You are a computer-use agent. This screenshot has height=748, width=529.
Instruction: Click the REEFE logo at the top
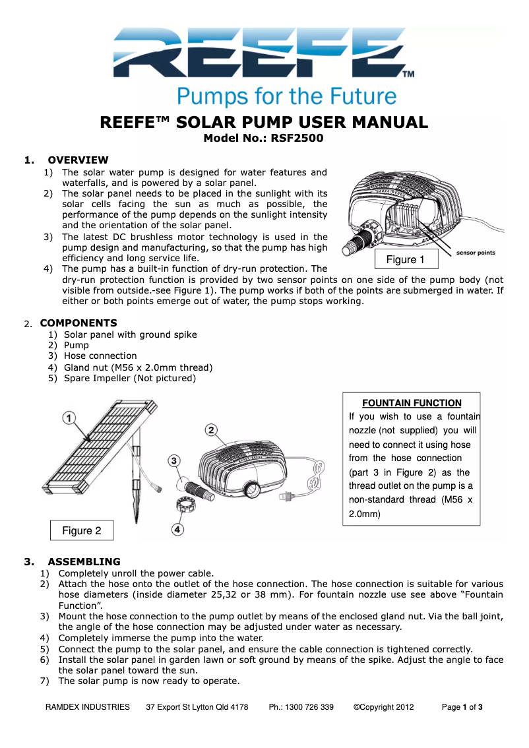pos(264,53)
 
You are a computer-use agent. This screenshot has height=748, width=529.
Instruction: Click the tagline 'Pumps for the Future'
pos(286,96)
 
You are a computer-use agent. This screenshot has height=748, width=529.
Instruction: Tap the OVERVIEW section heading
pos(78,160)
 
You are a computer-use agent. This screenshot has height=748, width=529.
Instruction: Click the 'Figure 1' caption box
pos(401,259)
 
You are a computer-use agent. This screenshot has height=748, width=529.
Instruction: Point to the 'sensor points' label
pos(476,253)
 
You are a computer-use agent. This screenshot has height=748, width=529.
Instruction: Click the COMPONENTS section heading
pos(78,323)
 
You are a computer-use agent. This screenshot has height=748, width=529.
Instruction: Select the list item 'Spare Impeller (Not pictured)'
pos(129,378)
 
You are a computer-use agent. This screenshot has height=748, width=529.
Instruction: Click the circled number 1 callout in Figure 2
pos(70,418)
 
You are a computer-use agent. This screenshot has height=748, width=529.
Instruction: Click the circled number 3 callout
pos(173,460)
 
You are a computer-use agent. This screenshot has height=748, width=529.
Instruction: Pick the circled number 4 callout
pos(178,528)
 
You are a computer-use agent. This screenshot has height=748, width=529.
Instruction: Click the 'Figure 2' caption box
pos(82,530)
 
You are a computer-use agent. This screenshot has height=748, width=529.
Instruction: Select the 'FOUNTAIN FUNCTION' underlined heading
pos(412,403)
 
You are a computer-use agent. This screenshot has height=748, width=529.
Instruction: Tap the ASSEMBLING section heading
pos(84,562)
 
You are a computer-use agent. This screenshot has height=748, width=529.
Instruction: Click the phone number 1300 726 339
pos(301,707)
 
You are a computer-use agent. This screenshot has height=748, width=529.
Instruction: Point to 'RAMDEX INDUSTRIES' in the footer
pos(87,707)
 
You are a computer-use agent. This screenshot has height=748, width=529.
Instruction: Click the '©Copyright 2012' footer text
pos(383,707)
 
